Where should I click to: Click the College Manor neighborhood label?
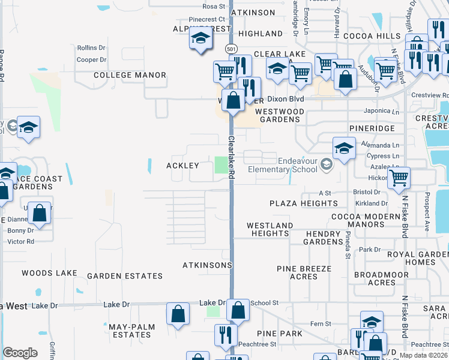tap(130, 75)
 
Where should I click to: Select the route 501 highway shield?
tap(231, 48)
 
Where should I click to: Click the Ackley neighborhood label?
tap(182, 165)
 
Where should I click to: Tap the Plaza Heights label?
tap(303, 203)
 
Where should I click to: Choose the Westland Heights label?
tap(270, 229)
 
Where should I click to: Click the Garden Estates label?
tap(125, 276)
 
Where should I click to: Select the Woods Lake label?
tap(49, 273)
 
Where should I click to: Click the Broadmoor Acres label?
tap(373, 278)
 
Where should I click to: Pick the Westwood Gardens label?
tap(277, 115)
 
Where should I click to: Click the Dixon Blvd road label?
tap(286, 99)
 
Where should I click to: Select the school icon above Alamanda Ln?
tap(344, 149)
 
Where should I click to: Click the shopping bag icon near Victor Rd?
tap(40, 214)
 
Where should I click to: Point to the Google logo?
tap(20, 353)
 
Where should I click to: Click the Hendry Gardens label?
tap(324, 238)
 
